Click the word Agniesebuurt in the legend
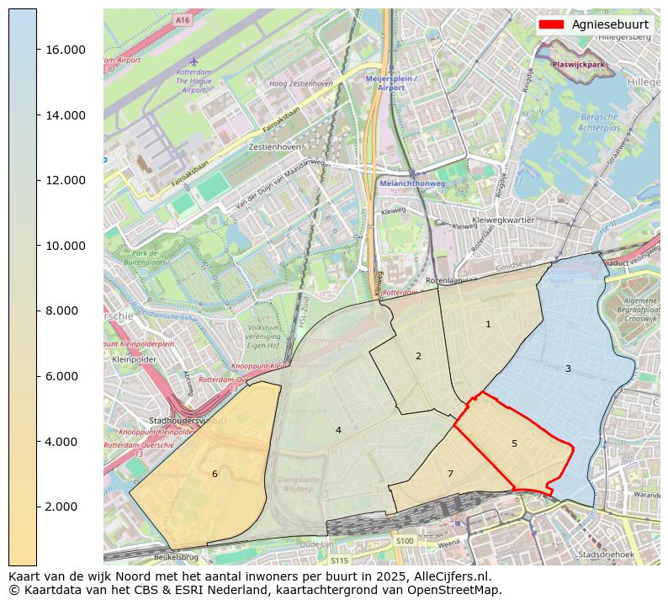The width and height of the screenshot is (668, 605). coord(610,24)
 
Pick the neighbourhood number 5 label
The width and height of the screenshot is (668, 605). coord(514,443)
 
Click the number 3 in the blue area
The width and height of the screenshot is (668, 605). coord(568,369)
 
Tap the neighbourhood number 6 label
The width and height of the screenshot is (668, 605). coord(215,474)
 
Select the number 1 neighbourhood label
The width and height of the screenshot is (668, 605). coord(488,324)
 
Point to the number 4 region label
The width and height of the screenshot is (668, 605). coord(338,430)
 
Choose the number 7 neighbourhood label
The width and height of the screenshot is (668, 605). coord(450,474)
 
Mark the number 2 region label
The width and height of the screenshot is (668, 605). coord(418,356)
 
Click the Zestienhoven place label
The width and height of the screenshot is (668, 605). coord(275,146)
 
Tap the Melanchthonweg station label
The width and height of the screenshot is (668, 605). coord(411,183)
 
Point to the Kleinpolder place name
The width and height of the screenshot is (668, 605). coord(130,358)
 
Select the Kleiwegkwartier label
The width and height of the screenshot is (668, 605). coord(505,219)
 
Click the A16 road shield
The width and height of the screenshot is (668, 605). coord(183,19)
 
